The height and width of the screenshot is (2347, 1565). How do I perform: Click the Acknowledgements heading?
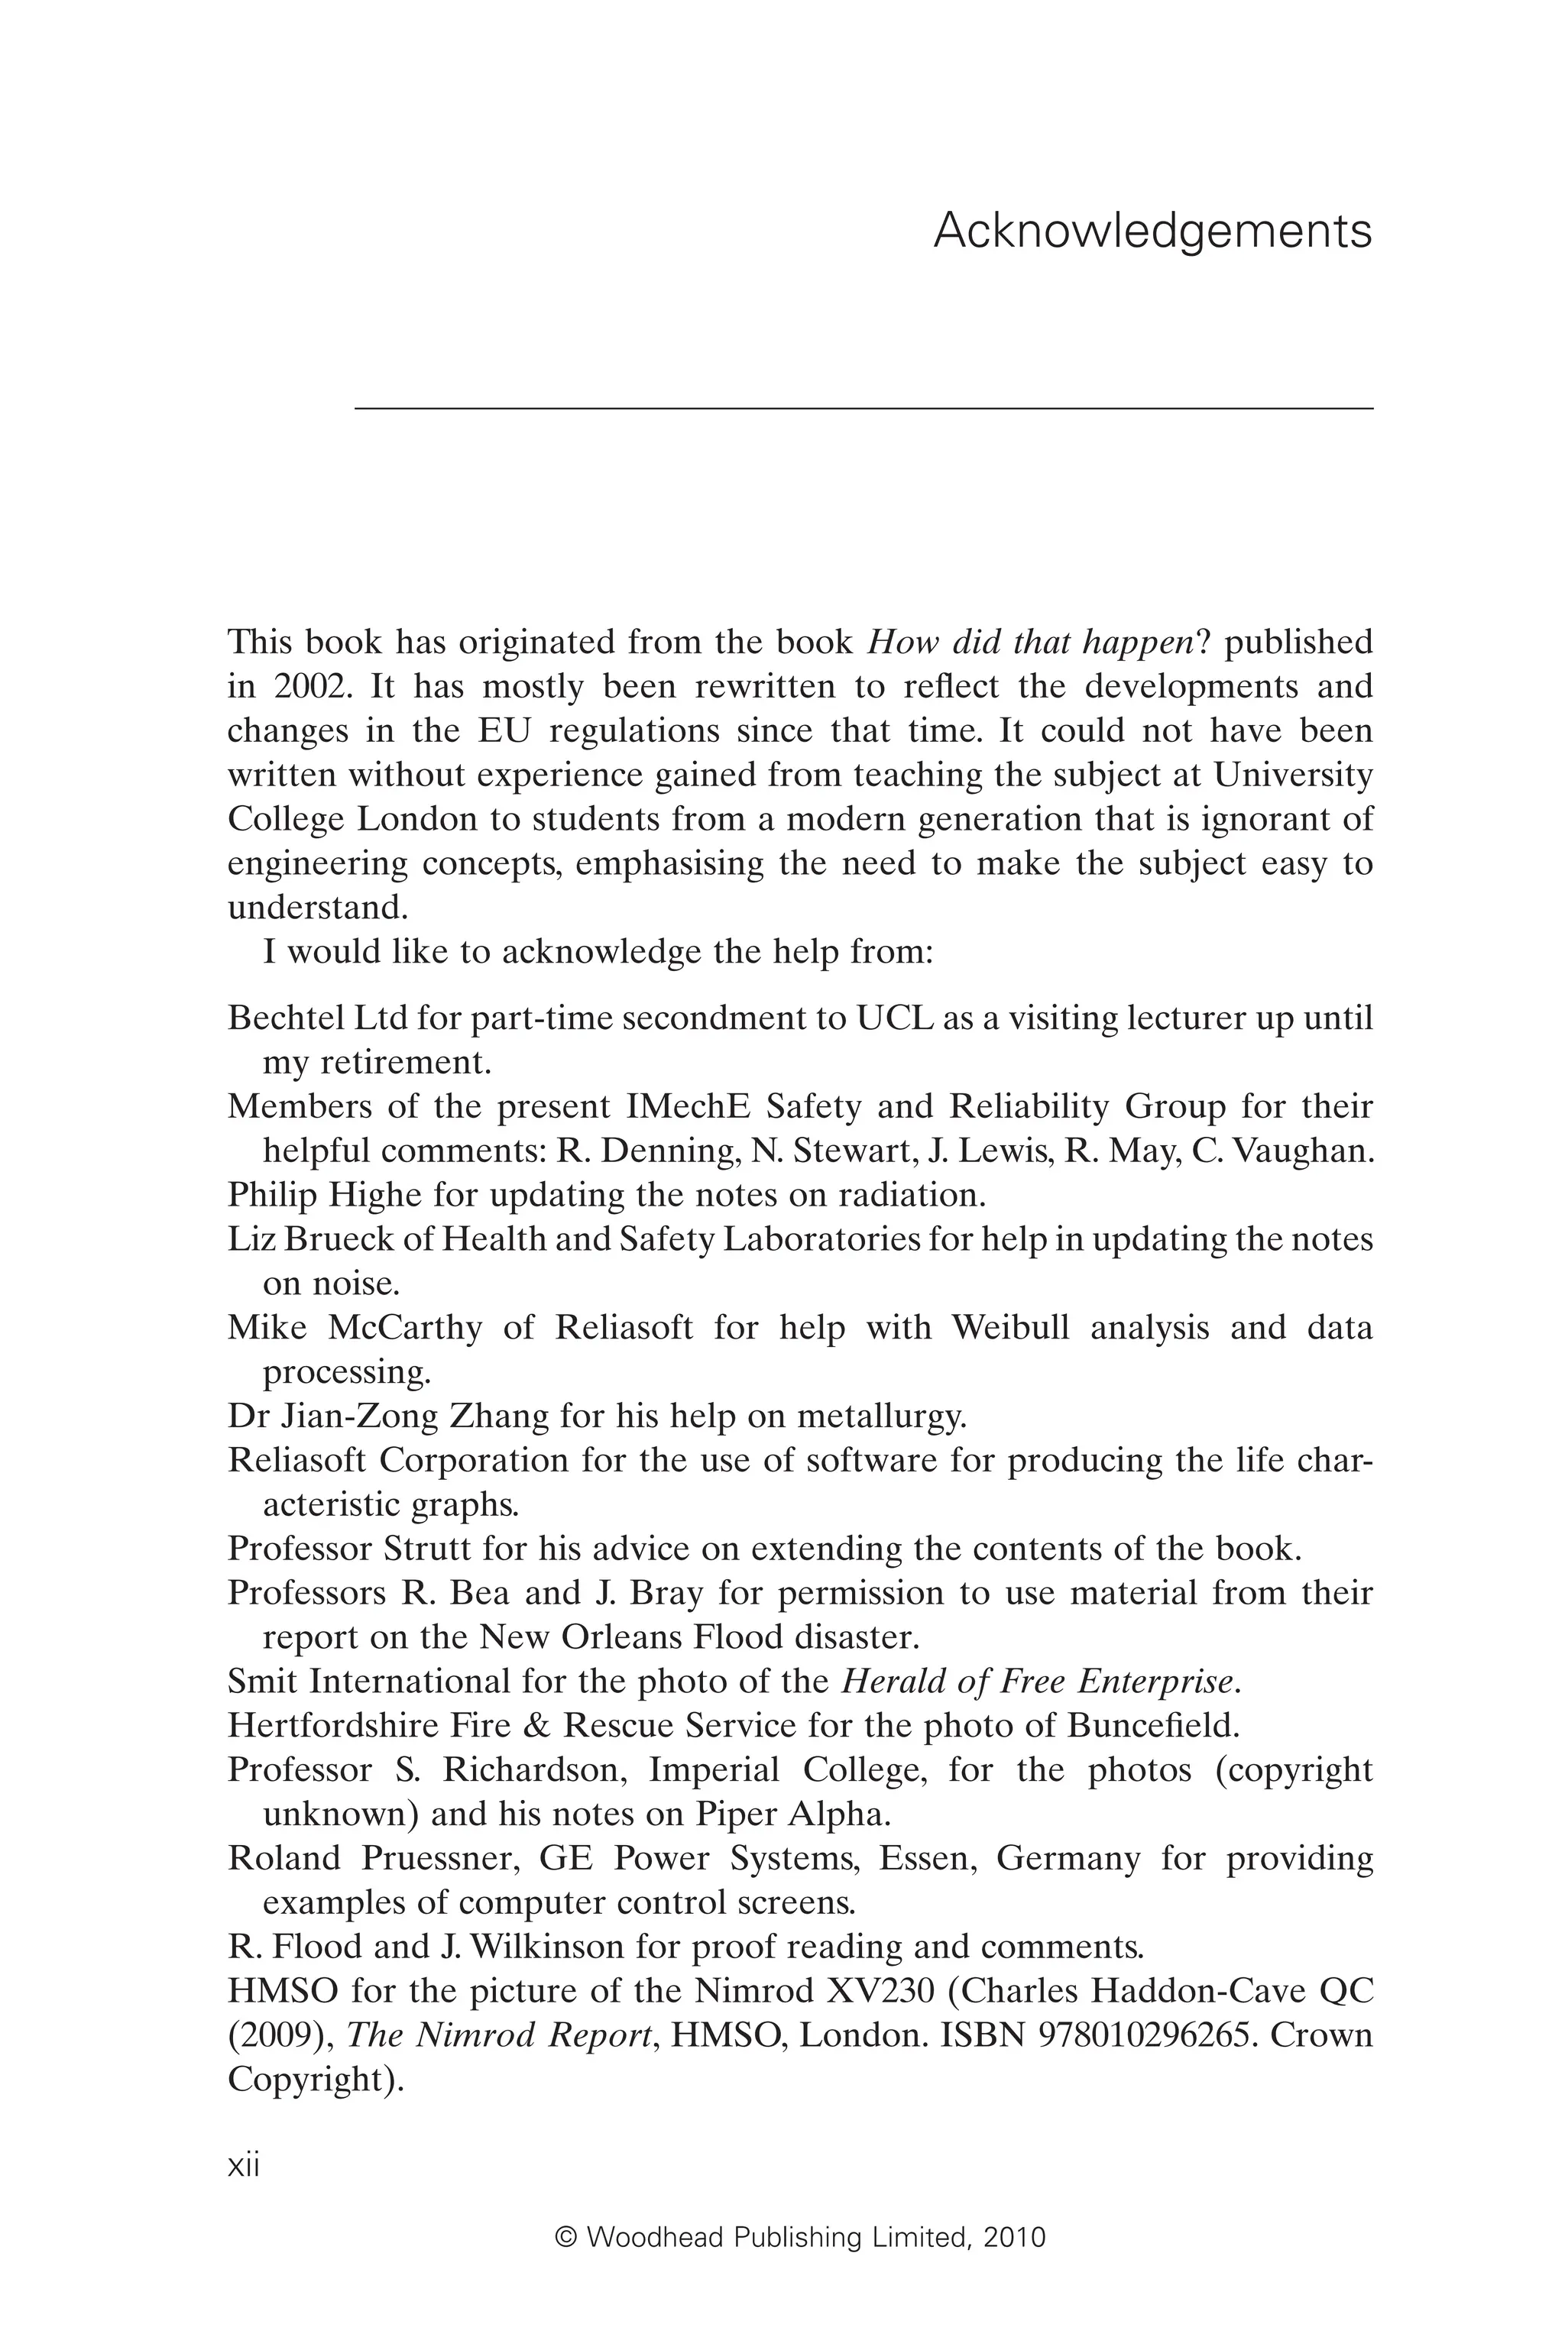click(x=1153, y=231)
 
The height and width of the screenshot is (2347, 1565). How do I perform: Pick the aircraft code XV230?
click(x=880, y=1991)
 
